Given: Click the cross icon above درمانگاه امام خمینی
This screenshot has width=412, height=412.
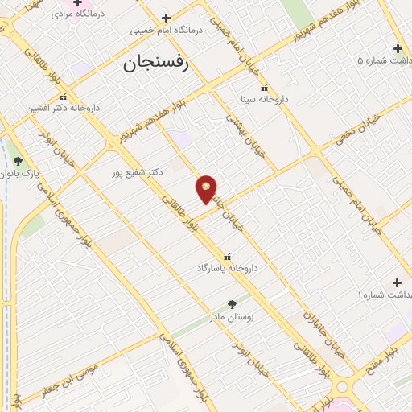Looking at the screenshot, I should click(x=166, y=18).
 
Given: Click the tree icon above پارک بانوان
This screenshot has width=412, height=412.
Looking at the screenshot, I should click(x=18, y=161).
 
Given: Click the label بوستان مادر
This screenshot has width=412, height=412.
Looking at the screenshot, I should click(x=233, y=317).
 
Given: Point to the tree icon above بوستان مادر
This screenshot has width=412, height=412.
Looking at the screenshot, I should click(x=233, y=304).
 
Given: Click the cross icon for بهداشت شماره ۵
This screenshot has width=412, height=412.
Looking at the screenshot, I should click(x=397, y=47).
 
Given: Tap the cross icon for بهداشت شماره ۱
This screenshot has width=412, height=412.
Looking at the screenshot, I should click(x=396, y=282).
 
